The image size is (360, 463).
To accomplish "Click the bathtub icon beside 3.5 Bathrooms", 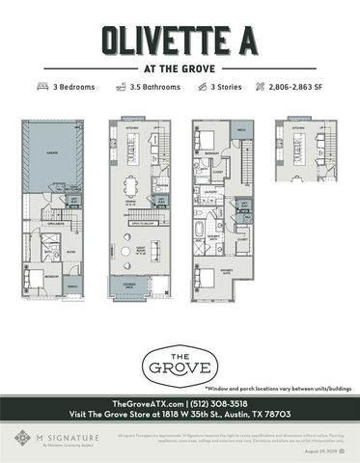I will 122,87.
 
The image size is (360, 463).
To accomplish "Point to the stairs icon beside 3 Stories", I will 205,87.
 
